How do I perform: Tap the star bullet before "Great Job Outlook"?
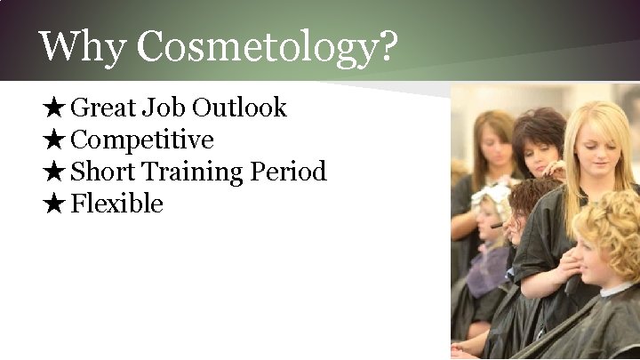coord(52,108)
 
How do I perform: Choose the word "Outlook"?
coord(239,108)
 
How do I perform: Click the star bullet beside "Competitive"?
coord(52,140)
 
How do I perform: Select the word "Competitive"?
coord(141,140)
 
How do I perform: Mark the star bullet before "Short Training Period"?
coord(52,172)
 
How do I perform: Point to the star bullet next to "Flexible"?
coord(52,204)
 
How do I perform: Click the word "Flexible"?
coord(116,204)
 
